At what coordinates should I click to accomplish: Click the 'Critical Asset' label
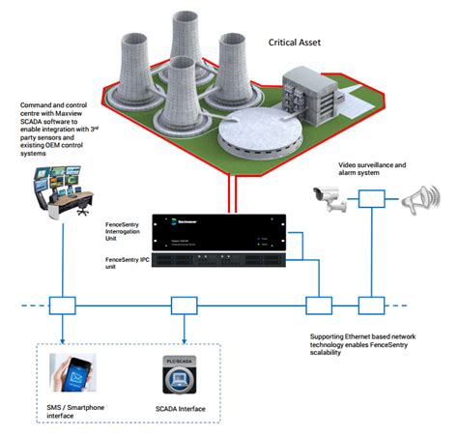pos(306,43)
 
